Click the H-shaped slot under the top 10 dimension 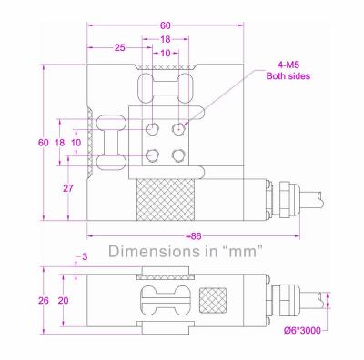(x=166, y=91)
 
